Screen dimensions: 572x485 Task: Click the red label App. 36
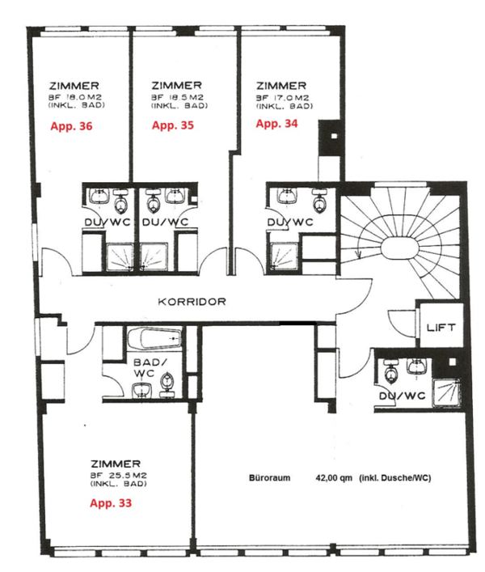pyautogui.click(x=71, y=126)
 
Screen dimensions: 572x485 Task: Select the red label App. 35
pyautogui.click(x=173, y=125)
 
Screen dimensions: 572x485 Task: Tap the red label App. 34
pyautogui.click(x=276, y=124)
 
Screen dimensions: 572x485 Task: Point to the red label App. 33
pyautogui.click(x=109, y=502)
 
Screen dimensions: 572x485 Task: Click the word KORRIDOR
pyautogui.click(x=193, y=301)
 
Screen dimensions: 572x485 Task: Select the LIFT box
pyautogui.click(x=441, y=328)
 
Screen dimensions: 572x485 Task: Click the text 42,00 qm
pyautogui.click(x=334, y=478)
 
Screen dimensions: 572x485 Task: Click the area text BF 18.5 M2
pyautogui.click(x=176, y=96)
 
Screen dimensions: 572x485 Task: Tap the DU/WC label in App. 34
pyautogui.click(x=289, y=222)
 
